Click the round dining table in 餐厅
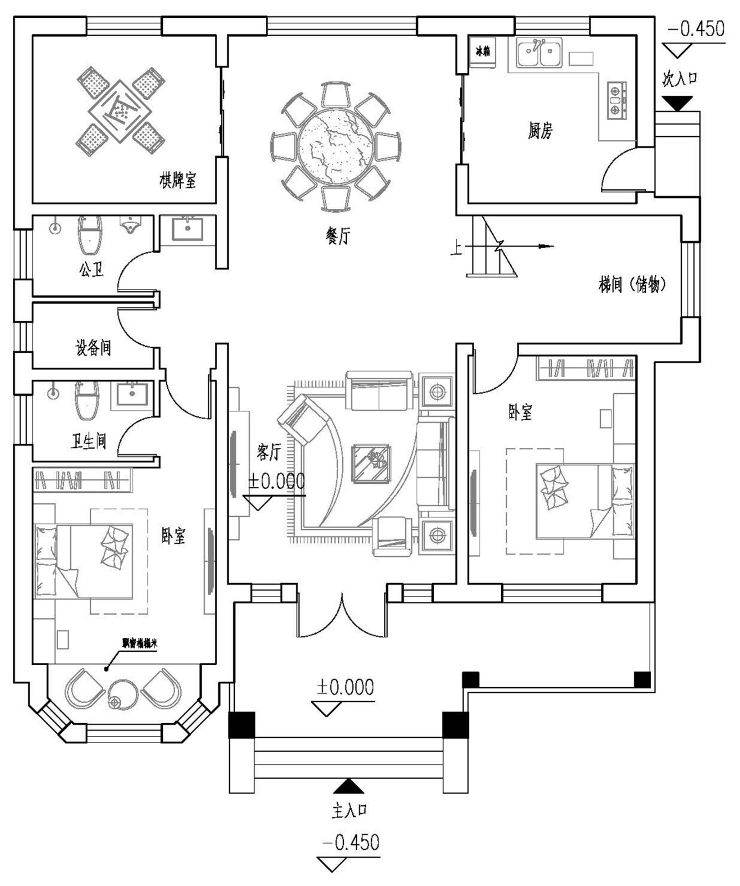pos(335,147)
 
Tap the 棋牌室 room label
pos(178,180)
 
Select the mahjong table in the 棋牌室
pos(121,111)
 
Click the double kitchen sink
pos(539,53)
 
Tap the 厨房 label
pos(540,131)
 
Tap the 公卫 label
pos(91,270)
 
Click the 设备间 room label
pos(93,348)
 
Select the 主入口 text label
pos(350,810)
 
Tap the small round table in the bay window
pos(122,694)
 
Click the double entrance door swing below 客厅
pos(342,617)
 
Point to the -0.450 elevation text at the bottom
pos(351,843)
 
